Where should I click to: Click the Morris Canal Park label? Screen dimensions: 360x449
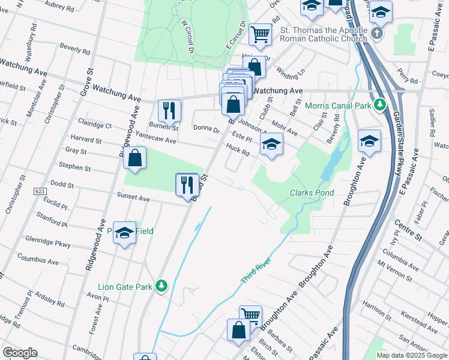pyautogui.click(x=339, y=106)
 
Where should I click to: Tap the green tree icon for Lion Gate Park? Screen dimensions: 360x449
pyautogui.click(x=161, y=286)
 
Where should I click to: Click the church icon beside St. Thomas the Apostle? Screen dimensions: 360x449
pyautogui.click(x=376, y=33)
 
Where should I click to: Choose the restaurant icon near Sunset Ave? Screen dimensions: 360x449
pyautogui.click(x=186, y=184)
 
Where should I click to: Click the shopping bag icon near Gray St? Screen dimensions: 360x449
pyautogui.click(x=135, y=158)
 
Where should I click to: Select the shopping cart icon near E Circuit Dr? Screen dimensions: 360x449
pyautogui.click(x=260, y=34)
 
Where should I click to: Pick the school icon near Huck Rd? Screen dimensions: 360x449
pyautogui.click(x=271, y=144)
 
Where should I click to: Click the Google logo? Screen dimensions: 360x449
pyautogui.click(x=20, y=353)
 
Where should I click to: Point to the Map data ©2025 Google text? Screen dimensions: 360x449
pyautogui.click(x=412, y=355)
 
